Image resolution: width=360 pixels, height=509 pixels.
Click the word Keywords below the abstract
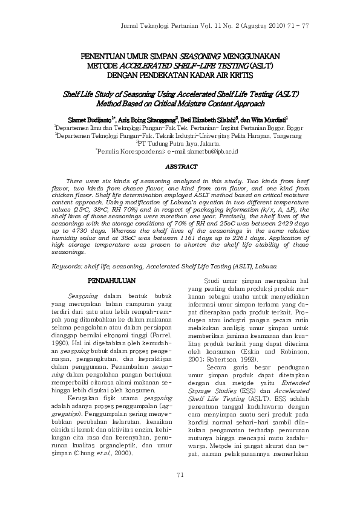pyautogui.click(x=66, y=267)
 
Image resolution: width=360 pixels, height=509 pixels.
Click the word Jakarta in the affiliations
pyautogui.click(x=209, y=145)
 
